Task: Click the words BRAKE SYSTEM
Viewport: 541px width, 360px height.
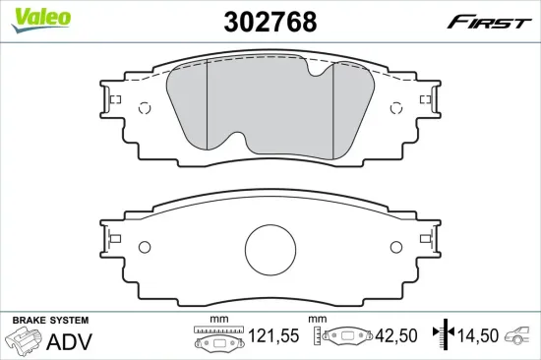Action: pos(50,321)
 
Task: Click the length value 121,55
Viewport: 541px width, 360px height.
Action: pos(272,337)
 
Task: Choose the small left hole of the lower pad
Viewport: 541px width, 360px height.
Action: pos(144,246)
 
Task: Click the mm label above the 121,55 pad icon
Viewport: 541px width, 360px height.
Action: pos(220,320)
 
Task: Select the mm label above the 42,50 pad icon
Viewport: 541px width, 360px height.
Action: pos(317,320)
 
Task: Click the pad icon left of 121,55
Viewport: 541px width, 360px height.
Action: pos(220,340)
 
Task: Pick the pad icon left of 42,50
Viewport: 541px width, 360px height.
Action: pos(345,337)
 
